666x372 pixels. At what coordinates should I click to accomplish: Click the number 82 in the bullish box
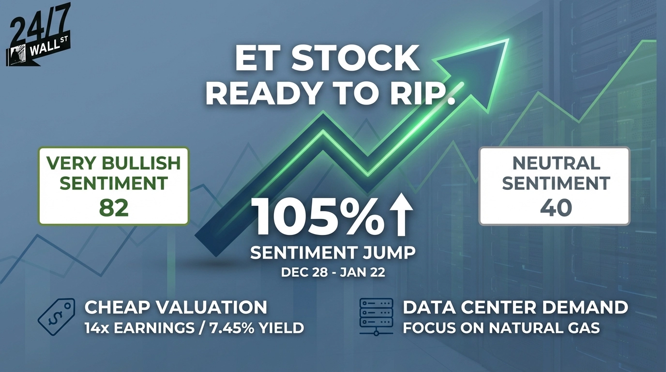coord(114,207)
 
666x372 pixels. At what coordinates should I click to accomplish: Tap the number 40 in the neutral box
coord(556,207)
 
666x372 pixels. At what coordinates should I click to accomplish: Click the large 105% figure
coord(318,217)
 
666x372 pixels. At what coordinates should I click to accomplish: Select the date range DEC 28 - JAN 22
coord(333,272)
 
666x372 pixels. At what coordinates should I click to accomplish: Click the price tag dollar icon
coord(56,317)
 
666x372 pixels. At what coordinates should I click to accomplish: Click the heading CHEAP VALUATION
coord(176,307)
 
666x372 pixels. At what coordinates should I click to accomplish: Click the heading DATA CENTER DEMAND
coord(515,307)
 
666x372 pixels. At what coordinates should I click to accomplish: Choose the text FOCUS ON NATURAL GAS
coord(501,328)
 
